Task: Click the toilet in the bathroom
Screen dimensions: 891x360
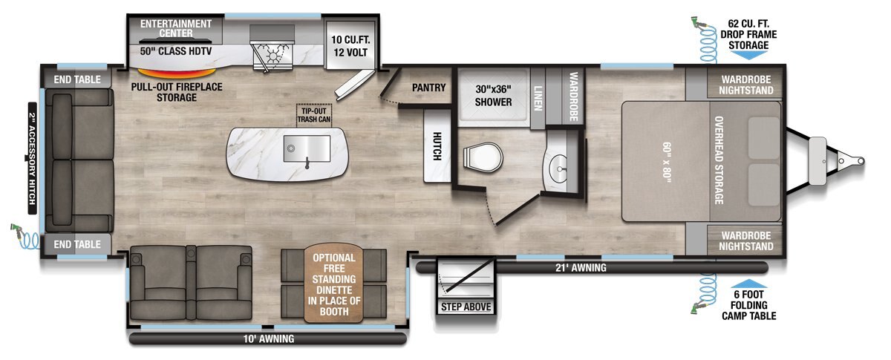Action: (x=483, y=157)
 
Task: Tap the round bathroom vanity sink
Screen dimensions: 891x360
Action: (x=559, y=169)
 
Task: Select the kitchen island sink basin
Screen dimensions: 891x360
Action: (x=307, y=148)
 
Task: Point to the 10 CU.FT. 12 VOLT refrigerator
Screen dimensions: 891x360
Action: (x=350, y=45)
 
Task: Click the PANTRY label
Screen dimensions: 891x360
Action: (x=428, y=88)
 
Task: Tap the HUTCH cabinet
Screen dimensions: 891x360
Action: (x=437, y=146)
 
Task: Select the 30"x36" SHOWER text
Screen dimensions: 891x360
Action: (x=493, y=96)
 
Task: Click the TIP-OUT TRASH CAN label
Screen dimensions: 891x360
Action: (x=314, y=115)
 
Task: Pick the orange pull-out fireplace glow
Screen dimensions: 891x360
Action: (x=177, y=73)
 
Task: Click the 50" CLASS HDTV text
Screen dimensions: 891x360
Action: (x=176, y=51)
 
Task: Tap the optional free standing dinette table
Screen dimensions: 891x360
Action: (x=333, y=284)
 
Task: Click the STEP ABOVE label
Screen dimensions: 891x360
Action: (x=466, y=307)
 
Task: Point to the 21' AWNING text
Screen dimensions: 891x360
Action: (x=581, y=268)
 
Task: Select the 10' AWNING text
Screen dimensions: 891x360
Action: (x=269, y=339)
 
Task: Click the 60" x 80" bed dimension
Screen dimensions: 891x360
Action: (x=667, y=163)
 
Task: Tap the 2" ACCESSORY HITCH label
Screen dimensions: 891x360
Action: (x=32, y=158)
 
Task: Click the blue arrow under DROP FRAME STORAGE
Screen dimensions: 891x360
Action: (x=748, y=55)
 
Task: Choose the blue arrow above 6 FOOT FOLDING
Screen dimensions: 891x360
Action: (x=748, y=284)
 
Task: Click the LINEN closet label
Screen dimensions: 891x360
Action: (x=538, y=98)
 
